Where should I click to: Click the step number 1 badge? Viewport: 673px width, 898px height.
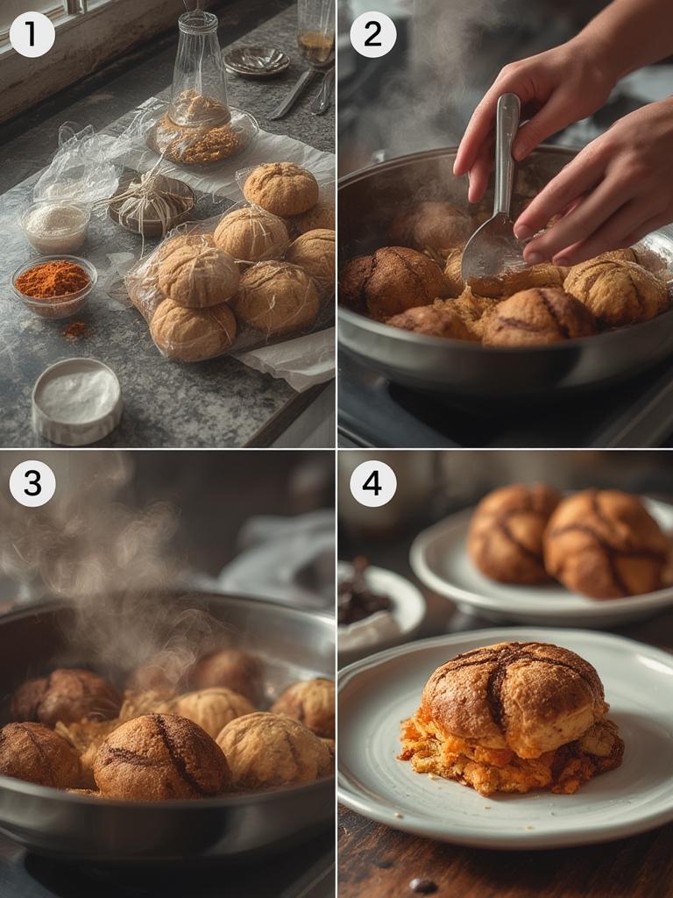click(32, 34)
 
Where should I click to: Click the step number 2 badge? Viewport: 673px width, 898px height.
click(372, 34)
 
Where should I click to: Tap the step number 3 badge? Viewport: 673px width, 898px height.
click(32, 483)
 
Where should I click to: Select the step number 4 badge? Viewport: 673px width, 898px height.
click(372, 483)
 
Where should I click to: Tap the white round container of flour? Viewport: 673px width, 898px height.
click(77, 400)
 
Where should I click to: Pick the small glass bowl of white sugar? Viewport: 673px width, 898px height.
click(55, 224)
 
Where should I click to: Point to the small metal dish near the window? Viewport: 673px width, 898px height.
click(256, 61)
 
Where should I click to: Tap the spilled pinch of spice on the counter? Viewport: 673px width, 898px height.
click(75, 330)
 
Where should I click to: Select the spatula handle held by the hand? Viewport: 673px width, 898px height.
click(506, 149)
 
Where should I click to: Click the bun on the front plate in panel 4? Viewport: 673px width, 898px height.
click(513, 697)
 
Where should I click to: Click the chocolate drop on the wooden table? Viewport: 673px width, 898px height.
click(422, 885)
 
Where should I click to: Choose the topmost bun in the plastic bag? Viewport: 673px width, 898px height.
click(280, 188)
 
